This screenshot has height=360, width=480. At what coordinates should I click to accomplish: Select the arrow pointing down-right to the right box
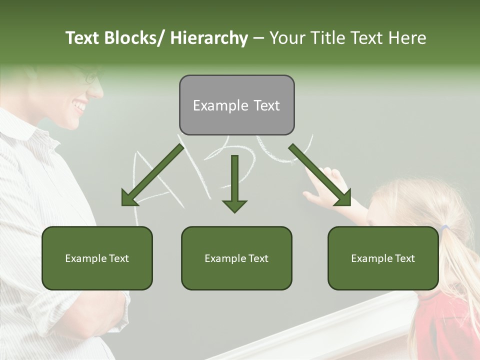point(320,175)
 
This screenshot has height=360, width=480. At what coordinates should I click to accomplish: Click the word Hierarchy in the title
point(208,38)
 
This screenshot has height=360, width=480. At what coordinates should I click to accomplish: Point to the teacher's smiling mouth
point(79,106)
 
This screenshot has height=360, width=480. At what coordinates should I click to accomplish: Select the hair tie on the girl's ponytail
point(444,228)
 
